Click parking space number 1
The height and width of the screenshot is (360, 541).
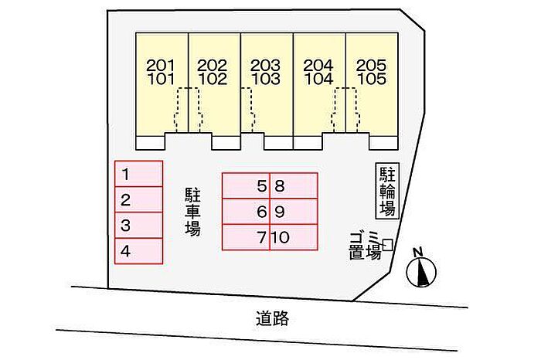tap(138, 174)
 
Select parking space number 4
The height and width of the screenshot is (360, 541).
tap(138, 251)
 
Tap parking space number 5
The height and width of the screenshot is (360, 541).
tap(246, 186)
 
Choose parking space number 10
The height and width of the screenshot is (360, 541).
tap(294, 237)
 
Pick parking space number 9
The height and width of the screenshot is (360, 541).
tap(294, 212)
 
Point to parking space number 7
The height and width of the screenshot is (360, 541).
tap(246, 237)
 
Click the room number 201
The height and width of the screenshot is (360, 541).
tap(161, 65)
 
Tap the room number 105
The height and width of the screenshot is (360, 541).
tap(372, 80)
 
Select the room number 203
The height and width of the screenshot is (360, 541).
tap(266, 65)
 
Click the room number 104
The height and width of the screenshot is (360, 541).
tap(318, 80)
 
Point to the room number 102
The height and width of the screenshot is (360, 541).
tap(213, 80)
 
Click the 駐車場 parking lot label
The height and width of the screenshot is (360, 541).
tap(193, 212)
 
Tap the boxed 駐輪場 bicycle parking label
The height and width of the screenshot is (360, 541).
tap(387, 191)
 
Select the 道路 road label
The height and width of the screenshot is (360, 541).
tap(273, 318)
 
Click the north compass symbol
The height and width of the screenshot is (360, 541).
tap(421, 272)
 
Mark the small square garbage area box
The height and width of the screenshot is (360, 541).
tap(388, 245)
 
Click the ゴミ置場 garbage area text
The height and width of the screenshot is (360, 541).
tap(365, 246)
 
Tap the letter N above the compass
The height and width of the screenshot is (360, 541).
tap(419, 253)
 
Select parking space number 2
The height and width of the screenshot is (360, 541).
tap(138, 199)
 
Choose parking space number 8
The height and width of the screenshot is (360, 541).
tap(294, 186)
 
